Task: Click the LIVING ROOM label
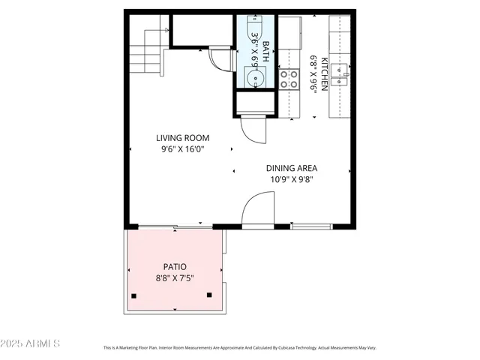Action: [182, 138]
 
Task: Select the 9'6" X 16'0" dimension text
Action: [182, 149]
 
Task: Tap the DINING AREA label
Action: [291, 168]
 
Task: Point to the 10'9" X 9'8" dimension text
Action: [291, 179]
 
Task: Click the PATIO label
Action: [175, 267]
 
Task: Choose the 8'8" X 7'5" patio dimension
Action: [175, 279]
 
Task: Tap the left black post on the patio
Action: [133, 295]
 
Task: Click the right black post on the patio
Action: [209, 295]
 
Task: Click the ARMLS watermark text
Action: [31, 343]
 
